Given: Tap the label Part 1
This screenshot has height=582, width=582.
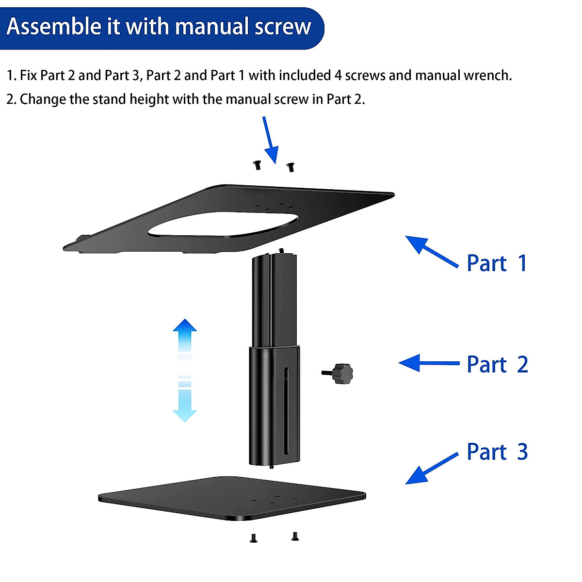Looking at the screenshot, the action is (x=496, y=263).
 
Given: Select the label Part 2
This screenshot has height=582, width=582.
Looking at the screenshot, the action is (x=497, y=365).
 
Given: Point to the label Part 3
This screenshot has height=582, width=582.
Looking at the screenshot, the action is (x=497, y=452).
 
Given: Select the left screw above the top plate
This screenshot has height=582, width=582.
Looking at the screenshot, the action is (x=258, y=165).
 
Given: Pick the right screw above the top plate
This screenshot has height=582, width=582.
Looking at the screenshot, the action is (x=291, y=167).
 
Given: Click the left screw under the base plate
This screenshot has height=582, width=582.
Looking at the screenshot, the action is (x=253, y=538).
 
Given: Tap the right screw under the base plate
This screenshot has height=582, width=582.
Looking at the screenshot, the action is (x=294, y=536).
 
